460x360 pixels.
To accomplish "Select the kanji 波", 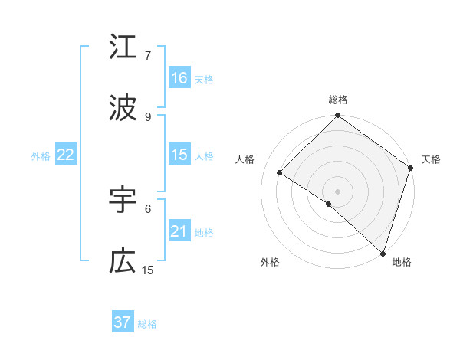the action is tap(123, 109).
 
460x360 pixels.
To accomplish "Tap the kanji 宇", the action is tap(123, 200).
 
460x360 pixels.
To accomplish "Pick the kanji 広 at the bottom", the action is tap(123, 262).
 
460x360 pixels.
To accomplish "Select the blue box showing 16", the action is tap(179, 78).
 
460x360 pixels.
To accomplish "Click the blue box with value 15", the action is tap(179, 155).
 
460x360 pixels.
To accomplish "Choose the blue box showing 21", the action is tap(179, 231).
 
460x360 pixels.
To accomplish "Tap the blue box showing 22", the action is tap(66, 155).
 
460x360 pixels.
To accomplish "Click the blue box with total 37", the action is tap(123, 322).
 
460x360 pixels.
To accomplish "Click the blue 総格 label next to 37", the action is tap(147, 324).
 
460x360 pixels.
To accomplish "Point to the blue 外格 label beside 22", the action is tap(41, 156).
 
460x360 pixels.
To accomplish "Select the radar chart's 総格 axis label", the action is tap(338, 100).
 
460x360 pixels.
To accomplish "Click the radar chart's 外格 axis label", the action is tap(270, 262).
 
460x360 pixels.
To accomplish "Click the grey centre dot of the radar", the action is tap(338, 191).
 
